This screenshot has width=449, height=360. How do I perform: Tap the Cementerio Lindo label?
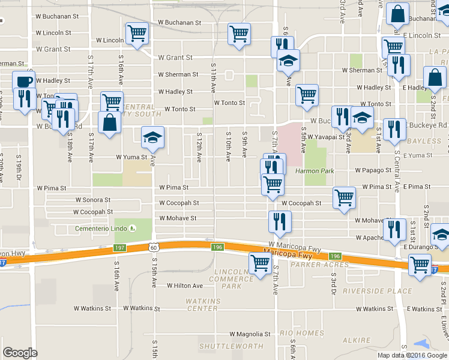(x=101, y=229)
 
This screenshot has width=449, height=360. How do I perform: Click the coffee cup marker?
(x=23, y=82)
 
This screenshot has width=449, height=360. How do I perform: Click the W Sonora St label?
(x=92, y=200)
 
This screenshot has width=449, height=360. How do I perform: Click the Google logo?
(x=20, y=352)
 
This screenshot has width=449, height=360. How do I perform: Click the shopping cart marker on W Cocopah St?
(x=344, y=199)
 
